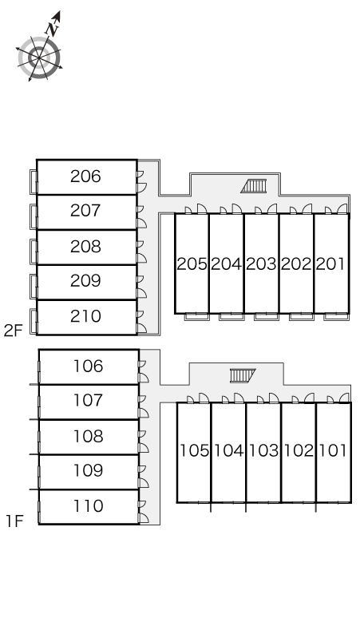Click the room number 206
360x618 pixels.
coord(85,176)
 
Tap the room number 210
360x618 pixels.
coord(85,316)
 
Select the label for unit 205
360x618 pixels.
coord(192,264)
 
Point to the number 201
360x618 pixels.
coord(330,264)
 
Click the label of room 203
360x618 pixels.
coord(262,264)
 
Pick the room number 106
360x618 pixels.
coord(89,366)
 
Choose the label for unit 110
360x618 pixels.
coord(89,506)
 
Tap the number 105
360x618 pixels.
coord(194,450)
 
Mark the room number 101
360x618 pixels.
coord(333,450)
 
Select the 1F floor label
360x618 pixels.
coord(14,521)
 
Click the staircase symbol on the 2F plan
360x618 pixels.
coord(254,186)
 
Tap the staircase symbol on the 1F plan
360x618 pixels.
coord(243,375)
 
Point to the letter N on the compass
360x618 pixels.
coord(51,29)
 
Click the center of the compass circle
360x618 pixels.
coord(39,58)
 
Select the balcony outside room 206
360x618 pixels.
coord(34,182)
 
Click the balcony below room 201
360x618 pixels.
coord(336,316)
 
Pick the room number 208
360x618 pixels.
coord(85,247)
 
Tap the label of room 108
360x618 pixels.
coord(89,436)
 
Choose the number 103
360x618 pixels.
coord(264,450)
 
